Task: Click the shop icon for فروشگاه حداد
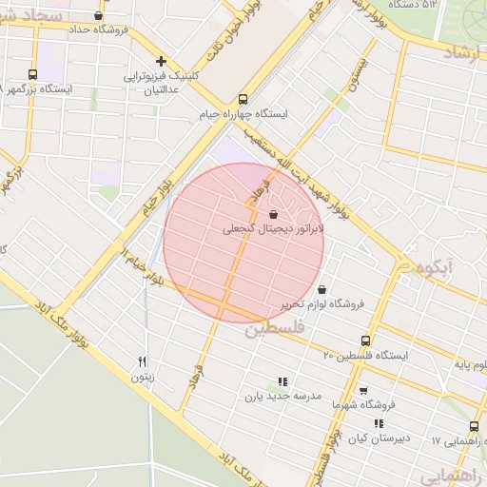point(97,14)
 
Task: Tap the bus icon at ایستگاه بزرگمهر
point(33,74)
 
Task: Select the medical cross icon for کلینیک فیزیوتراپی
point(162,60)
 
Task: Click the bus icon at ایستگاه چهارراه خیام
point(243,98)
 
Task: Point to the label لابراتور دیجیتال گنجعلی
point(274,229)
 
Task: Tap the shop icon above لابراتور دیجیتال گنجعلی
point(274,215)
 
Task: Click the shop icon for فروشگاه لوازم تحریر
point(321,289)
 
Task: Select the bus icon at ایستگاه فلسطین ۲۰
point(365,341)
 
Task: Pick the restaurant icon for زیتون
point(142,360)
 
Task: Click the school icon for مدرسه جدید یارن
point(282,381)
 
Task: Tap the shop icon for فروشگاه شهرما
point(363,390)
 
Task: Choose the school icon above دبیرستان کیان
point(379,424)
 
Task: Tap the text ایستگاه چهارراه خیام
point(243,113)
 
